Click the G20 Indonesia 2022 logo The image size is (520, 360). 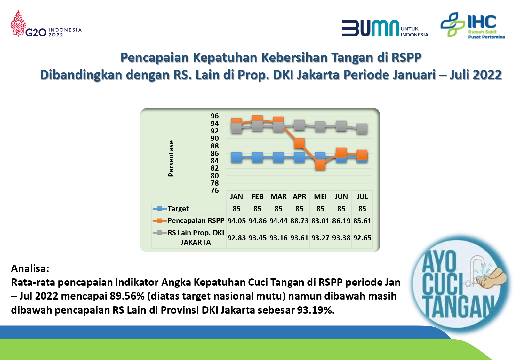click(46, 24)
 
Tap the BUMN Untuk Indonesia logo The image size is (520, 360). click(385, 28)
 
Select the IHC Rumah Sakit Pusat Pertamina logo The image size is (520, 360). click(473, 25)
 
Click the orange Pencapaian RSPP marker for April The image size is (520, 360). click(299, 143)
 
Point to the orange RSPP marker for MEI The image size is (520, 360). click(320, 164)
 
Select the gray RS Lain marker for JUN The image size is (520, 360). click(341, 126)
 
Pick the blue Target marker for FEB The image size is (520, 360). click(257, 157)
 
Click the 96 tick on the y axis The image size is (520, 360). click(214, 116)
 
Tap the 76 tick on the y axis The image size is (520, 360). click(214, 191)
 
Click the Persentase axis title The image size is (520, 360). click(171, 158)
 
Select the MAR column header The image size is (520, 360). click(278, 196)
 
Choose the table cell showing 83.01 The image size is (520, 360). click(320, 221)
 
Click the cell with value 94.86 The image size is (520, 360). click(257, 221)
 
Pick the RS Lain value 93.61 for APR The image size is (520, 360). click(299, 238)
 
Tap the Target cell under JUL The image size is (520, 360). click(362, 209)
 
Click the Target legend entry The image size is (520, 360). click(171, 209)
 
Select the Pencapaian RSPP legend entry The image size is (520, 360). click(188, 220)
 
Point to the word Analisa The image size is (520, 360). click(30, 268)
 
